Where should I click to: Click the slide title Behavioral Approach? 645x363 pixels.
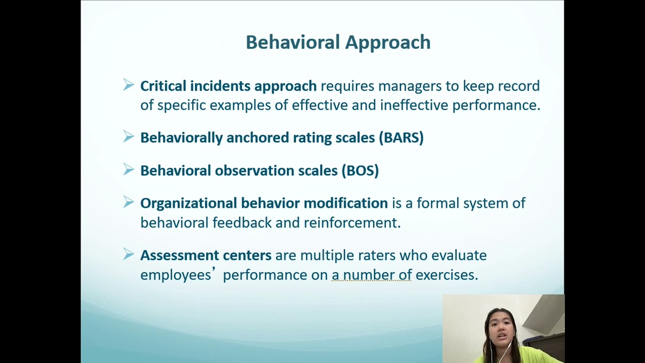(x=338, y=42)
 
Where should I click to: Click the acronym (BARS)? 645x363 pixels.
(x=401, y=138)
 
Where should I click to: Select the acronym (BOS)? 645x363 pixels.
(x=360, y=170)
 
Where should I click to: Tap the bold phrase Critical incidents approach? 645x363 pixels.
(x=228, y=86)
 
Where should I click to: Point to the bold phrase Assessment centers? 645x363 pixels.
(x=206, y=255)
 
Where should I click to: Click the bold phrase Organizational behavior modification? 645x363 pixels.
(x=264, y=203)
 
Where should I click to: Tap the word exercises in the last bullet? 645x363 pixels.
(x=446, y=275)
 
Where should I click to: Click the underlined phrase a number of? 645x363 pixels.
(x=371, y=275)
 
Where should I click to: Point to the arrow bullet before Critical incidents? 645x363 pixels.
(x=128, y=85)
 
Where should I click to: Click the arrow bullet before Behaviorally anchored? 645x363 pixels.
(x=128, y=137)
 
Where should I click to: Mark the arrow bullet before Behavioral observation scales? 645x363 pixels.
(x=128, y=169)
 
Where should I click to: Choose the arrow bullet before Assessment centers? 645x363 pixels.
(x=128, y=254)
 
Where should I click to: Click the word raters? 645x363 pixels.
(x=376, y=255)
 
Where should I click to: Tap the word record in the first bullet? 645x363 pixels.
(x=519, y=86)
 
